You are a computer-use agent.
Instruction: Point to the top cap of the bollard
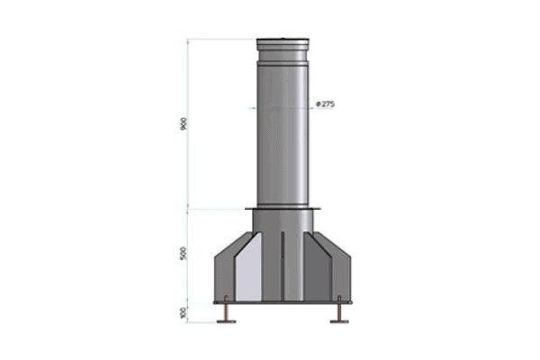(282, 43)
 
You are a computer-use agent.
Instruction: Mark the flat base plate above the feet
(282, 302)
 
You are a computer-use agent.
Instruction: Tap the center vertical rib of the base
(282, 265)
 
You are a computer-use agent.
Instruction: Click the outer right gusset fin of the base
(346, 274)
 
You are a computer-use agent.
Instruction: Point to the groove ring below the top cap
(282, 61)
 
